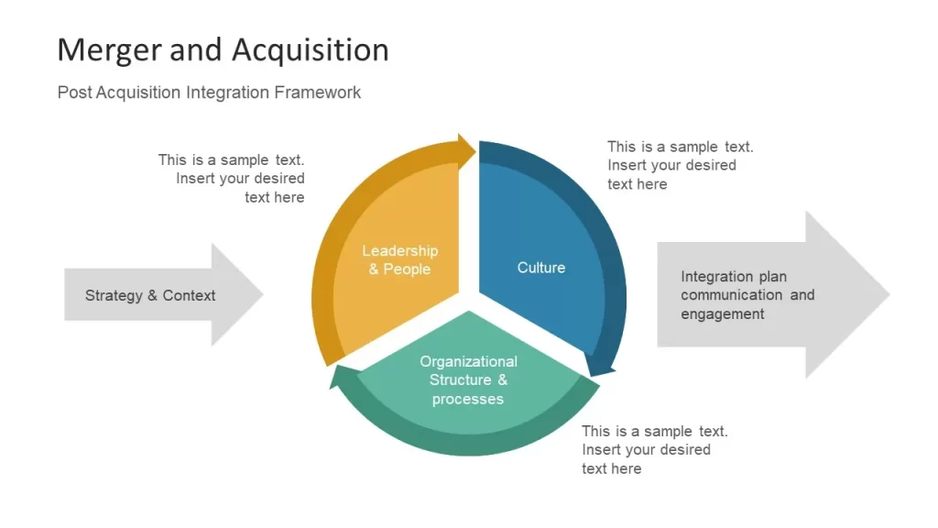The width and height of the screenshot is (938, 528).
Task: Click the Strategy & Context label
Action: (150, 295)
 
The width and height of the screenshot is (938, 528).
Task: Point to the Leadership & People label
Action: (399, 259)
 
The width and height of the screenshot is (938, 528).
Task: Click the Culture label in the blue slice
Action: (541, 268)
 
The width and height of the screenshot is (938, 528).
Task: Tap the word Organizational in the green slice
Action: (468, 361)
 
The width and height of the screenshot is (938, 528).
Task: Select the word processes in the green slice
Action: (467, 399)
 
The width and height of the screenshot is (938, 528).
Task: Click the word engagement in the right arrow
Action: (722, 313)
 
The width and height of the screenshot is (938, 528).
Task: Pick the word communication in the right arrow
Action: (731, 295)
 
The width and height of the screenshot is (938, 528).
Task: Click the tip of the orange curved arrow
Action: (474, 149)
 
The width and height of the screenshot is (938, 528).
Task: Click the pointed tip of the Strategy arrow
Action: (262, 295)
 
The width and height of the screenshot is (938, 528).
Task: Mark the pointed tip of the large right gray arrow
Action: (888, 294)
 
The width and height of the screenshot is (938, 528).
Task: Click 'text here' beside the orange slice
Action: (275, 197)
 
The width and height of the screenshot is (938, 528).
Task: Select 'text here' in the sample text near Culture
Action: (637, 184)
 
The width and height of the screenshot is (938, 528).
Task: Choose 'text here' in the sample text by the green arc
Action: (611, 468)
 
